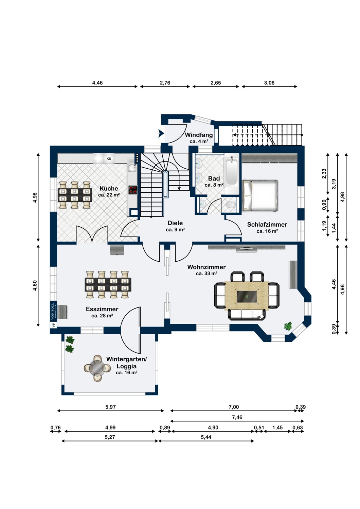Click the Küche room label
[x=109, y=188]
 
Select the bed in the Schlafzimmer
[x=260, y=195]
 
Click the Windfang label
[x=199, y=135]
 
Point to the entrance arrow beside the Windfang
[x=161, y=134]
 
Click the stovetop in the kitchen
[x=133, y=190]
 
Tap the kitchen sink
[x=132, y=167]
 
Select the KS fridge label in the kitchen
[x=109, y=158]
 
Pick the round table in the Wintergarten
[x=97, y=368]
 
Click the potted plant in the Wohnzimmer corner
[x=288, y=326]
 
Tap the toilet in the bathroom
[x=231, y=205]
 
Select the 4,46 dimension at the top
[x=97, y=83]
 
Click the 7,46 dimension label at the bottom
[x=237, y=417]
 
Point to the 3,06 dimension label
[x=269, y=83]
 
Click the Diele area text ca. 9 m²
[x=175, y=230]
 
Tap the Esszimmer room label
[x=102, y=309]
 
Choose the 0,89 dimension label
[x=165, y=428]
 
